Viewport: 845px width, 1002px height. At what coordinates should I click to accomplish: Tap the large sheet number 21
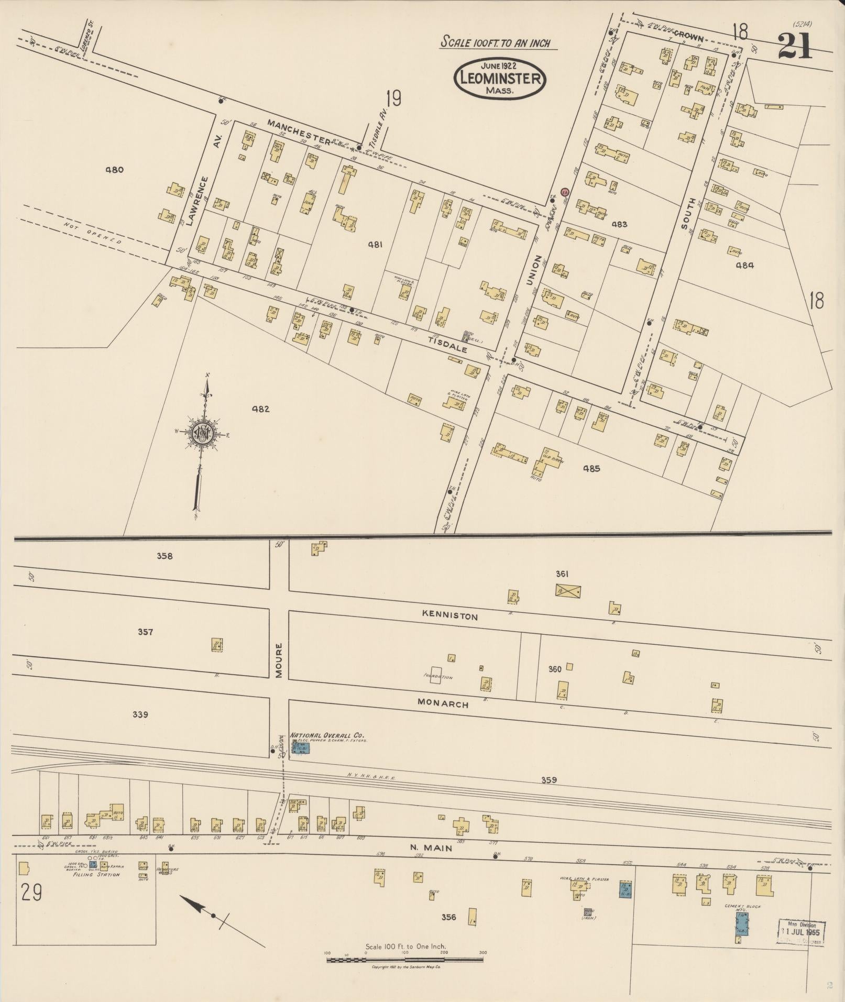click(794, 46)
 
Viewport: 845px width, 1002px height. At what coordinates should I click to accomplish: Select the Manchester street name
click(299, 131)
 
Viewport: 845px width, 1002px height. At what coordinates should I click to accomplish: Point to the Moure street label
click(279, 661)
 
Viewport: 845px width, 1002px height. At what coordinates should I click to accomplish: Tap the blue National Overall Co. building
click(301, 748)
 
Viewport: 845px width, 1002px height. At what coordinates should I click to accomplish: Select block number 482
click(260, 409)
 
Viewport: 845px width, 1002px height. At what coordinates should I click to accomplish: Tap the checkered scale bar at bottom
click(404, 960)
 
